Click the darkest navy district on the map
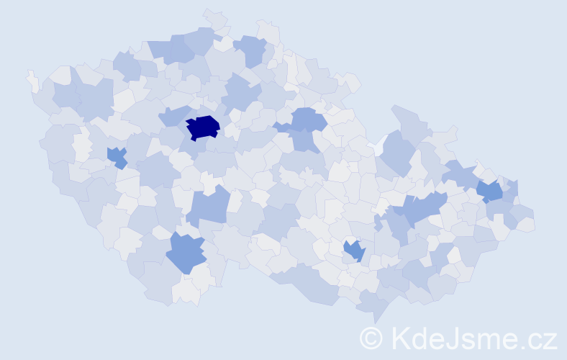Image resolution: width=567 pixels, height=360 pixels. [203, 127]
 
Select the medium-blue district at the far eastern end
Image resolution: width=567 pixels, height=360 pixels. [491, 191]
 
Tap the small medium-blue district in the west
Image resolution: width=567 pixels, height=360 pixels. [117, 156]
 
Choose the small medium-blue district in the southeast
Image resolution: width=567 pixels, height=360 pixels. [354, 250]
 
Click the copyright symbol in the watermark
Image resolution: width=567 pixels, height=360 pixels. [372, 338]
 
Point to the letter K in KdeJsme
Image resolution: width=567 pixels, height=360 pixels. [402, 338]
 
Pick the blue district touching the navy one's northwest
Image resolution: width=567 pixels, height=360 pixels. [173, 115]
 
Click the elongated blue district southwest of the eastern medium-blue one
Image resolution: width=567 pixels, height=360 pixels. [421, 210]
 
